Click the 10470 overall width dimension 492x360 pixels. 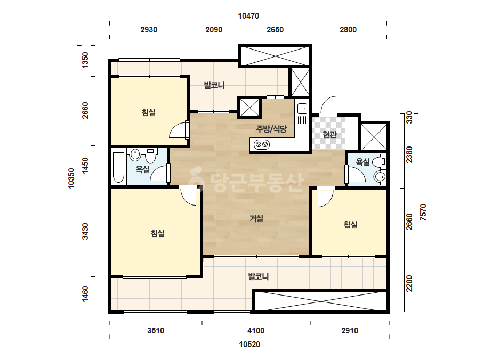tap(248, 15)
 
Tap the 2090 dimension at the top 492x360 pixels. tap(214, 29)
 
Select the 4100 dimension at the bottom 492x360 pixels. tap(256, 331)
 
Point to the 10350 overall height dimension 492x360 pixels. tap(71, 178)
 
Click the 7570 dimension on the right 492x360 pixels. tap(423, 212)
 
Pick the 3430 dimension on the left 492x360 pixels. tap(85, 232)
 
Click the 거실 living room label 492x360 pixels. tap(256, 218)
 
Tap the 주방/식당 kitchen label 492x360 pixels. tap(271, 128)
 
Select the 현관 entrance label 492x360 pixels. tap(329, 135)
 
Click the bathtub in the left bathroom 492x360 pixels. tap(118, 167)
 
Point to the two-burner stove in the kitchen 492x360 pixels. tap(262, 144)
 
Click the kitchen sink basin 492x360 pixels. tap(302, 109)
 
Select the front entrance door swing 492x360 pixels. tap(328, 106)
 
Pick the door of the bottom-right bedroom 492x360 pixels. tap(325, 197)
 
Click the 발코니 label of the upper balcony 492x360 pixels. tap(214, 85)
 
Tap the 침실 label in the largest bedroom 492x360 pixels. tap(158, 233)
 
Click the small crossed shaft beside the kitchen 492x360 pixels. tap(249, 108)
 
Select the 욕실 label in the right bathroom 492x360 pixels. tap(362, 162)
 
